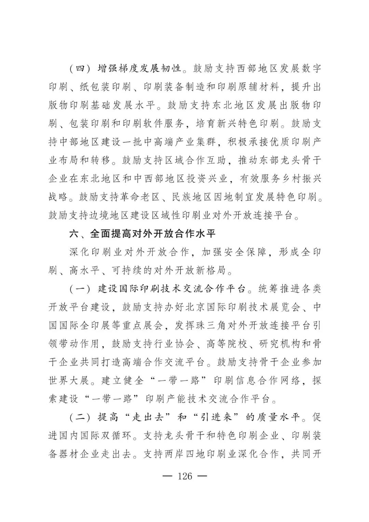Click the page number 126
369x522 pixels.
point(185,476)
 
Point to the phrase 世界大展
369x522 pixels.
point(68,380)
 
